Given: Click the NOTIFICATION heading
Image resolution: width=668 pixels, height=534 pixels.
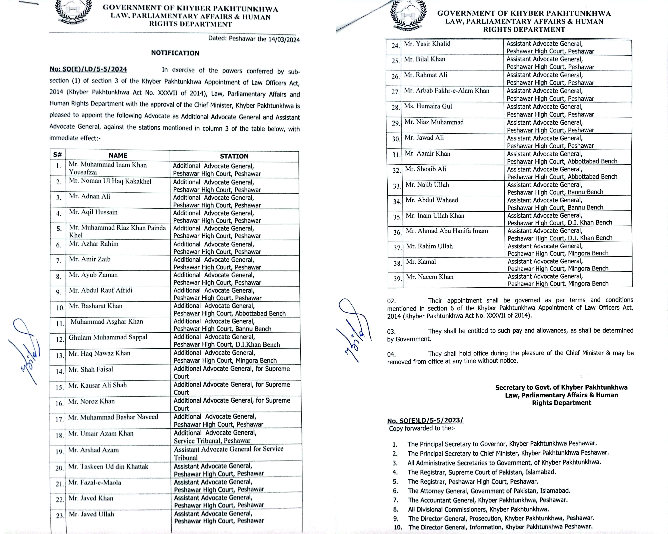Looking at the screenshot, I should click(175, 53).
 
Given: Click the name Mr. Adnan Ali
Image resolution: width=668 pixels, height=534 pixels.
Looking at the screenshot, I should click(90, 196).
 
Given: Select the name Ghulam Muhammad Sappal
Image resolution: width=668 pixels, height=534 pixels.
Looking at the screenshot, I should click(108, 337).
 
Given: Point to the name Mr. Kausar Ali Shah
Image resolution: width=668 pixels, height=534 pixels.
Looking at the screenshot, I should click(98, 385).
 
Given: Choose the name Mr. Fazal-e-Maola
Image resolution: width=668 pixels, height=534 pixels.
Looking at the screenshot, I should click(95, 483).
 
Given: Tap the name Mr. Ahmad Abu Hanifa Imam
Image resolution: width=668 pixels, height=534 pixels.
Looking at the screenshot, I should click(447, 231).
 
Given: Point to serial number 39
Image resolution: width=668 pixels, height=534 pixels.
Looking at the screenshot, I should click(397, 279).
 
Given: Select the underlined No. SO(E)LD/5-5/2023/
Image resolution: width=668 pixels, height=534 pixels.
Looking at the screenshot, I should click(425, 421).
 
